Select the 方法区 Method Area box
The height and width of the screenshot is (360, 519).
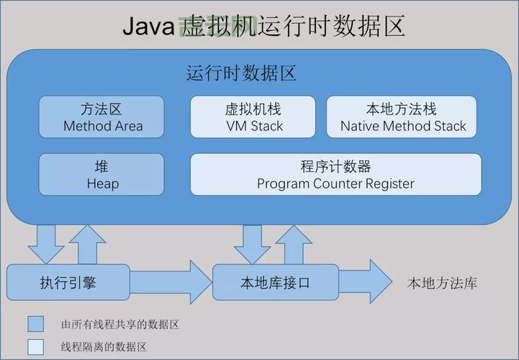pyautogui.click(x=101, y=117)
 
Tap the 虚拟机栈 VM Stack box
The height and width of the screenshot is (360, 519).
pyautogui.click(x=253, y=117)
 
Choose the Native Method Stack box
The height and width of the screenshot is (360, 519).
pyautogui.click(x=403, y=117)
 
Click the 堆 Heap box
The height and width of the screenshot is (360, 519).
pyautogui.click(x=101, y=174)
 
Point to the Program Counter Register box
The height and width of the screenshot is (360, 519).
pyautogui.click(x=335, y=174)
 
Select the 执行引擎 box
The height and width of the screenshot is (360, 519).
pyautogui.click(x=68, y=283)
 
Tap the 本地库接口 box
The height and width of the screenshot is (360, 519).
pyautogui.click(x=275, y=283)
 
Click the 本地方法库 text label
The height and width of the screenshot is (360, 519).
pyautogui.click(x=441, y=283)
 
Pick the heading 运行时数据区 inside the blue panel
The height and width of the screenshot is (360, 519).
pyautogui.click(x=242, y=73)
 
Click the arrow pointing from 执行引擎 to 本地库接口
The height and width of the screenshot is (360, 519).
pyautogui.click(x=171, y=282)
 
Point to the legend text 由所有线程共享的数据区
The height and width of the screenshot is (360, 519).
pyautogui.click(x=119, y=324)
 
